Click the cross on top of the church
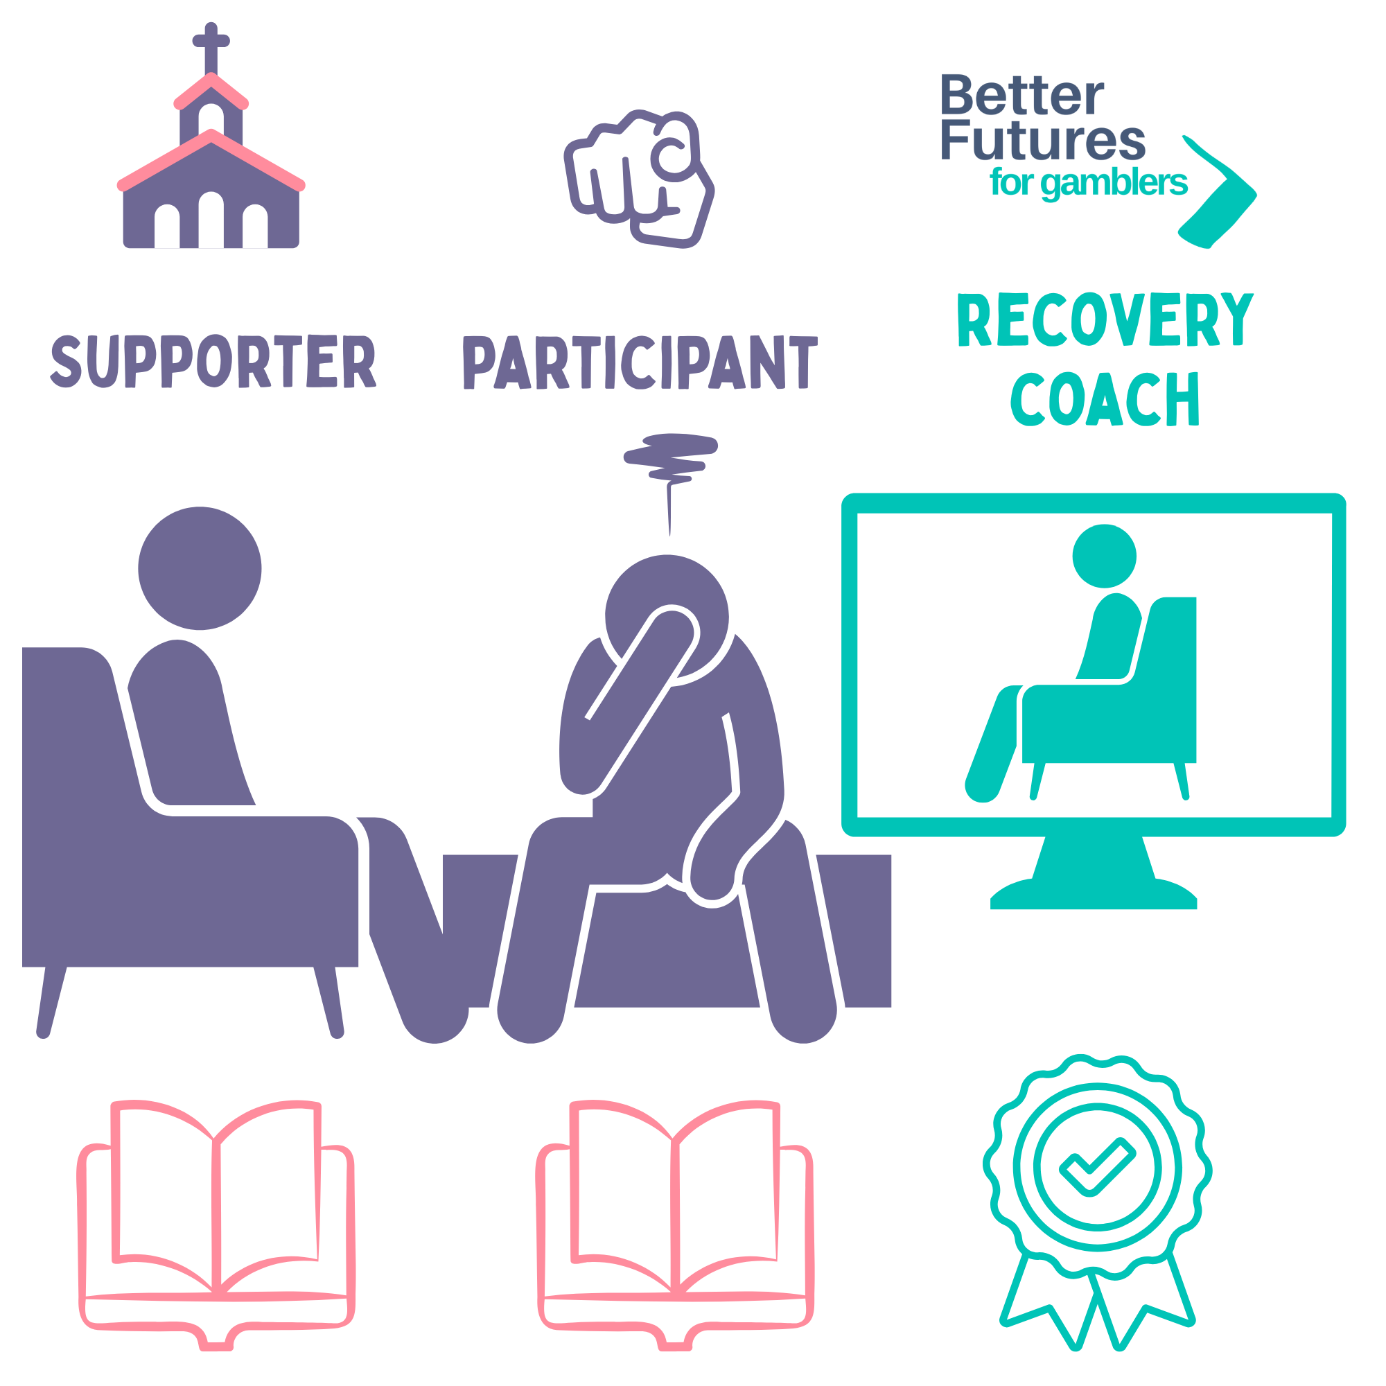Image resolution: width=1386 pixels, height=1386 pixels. coord(211,43)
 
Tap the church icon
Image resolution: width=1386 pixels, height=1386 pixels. coord(211,179)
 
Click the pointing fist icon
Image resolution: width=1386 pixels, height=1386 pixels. coord(638,179)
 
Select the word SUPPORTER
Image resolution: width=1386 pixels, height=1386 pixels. coord(213,362)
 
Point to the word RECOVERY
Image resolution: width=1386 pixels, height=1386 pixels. coord(1105,320)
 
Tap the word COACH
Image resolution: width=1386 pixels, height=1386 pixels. coord(1105,400)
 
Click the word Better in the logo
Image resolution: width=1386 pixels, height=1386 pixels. coord(1021,96)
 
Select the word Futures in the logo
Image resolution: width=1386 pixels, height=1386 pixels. coord(1043,140)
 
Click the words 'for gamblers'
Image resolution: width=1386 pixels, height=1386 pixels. coord(1087,182)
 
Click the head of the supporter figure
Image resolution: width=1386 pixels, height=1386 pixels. coord(200,568)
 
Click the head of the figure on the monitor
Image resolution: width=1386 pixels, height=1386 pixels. coord(1104,556)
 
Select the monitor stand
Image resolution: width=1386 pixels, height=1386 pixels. coord(1094,872)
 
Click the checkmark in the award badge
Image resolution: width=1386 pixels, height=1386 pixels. coord(1097,1166)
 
